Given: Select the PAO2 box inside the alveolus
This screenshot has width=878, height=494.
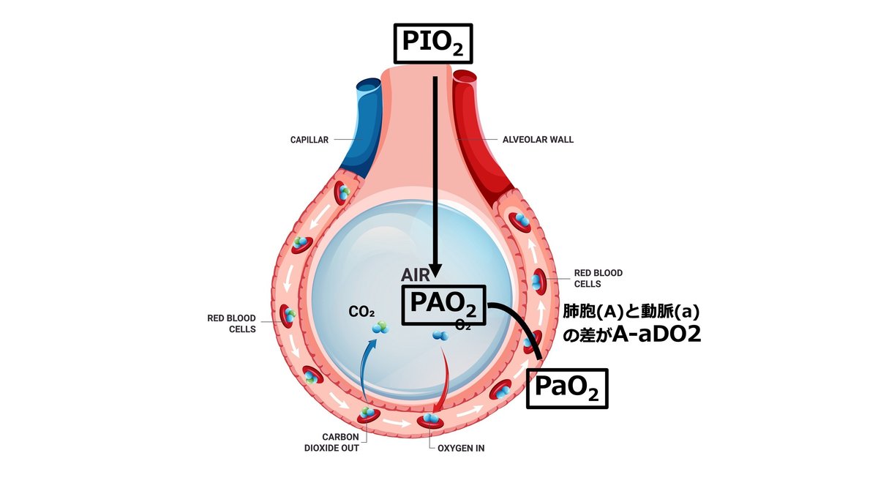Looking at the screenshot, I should coord(443,304).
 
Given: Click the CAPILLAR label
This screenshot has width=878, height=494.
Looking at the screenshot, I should coord(309,140).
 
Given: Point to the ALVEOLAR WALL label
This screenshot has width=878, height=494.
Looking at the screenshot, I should coord(538,140).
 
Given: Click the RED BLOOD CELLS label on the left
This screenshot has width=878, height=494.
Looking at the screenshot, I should coord(231,323).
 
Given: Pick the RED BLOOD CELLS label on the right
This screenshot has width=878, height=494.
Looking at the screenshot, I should coord(598,278).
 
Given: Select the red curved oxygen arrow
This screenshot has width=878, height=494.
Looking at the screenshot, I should coord(443,378).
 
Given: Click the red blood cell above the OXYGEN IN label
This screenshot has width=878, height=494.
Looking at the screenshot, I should coord(430,420).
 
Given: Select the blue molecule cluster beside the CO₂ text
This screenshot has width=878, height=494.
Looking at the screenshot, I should coord(380,329).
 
